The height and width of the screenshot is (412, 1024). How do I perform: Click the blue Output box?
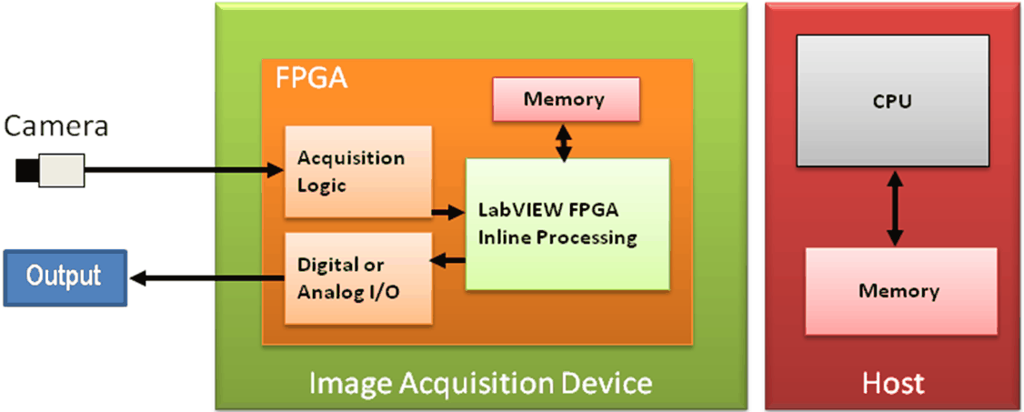coord(64,276)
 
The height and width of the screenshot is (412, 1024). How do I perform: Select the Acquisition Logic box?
coord(357,171)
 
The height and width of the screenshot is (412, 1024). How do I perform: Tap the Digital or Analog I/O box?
coord(357,278)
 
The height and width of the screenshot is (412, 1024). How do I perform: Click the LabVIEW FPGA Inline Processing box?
coord(567,224)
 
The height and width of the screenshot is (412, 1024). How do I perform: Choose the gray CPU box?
coord(891,101)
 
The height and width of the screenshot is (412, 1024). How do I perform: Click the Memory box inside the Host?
coord(899,290)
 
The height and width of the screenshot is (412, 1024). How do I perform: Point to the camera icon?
coord(51,168)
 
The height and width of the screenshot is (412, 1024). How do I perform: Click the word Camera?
coord(56,126)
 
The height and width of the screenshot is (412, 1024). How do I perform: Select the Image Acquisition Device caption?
coord(480,382)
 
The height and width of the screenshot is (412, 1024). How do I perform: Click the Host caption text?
coord(893,382)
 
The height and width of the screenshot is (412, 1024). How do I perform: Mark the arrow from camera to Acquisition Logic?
coord(182,168)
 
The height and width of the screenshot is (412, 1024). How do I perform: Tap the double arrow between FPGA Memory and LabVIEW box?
coord(565,141)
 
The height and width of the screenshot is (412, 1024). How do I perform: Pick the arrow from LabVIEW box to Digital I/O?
coord(448,262)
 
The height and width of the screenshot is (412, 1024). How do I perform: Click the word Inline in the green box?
coord(501,237)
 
